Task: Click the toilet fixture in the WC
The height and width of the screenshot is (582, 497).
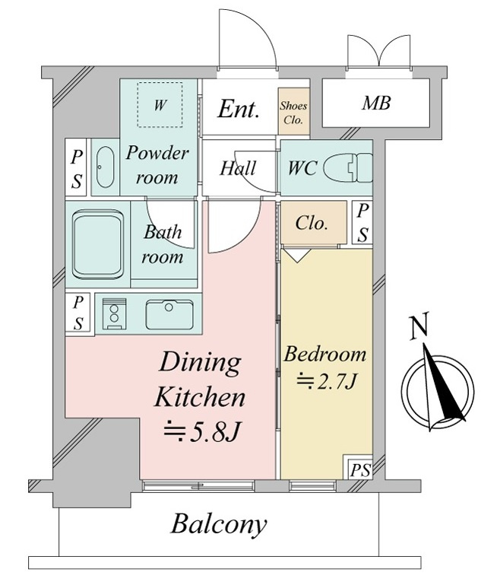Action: pyautogui.click(x=347, y=167)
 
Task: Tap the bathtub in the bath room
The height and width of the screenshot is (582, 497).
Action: pyautogui.click(x=98, y=245)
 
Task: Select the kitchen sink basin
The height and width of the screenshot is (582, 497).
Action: pyautogui.click(x=169, y=314)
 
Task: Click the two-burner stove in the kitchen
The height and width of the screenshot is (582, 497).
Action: pyautogui.click(x=114, y=313)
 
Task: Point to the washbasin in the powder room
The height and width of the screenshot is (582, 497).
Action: pyautogui.click(x=105, y=167)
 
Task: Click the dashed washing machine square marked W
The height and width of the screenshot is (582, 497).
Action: pyautogui.click(x=160, y=105)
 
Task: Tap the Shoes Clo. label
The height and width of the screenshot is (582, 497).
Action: pyautogui.click(x=293, y=113)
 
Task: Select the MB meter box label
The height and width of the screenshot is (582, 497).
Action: pyautogui.click(x=376, y=103)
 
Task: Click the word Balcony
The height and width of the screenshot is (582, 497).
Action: pyautogui.click(x=218, y=525)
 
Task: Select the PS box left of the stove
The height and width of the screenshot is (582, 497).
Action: pyautogui.click(x=78, y=313)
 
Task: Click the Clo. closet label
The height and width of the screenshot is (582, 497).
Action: pyautogui.click(x=312, y=223)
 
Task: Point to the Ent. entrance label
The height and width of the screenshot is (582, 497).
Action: pyautogui.click(x=238, y=109)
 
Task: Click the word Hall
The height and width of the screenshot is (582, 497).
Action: pyautogui.click(x=238, y=168)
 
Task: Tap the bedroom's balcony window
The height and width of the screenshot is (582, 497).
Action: pyautogui.click(x=313, y=485)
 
